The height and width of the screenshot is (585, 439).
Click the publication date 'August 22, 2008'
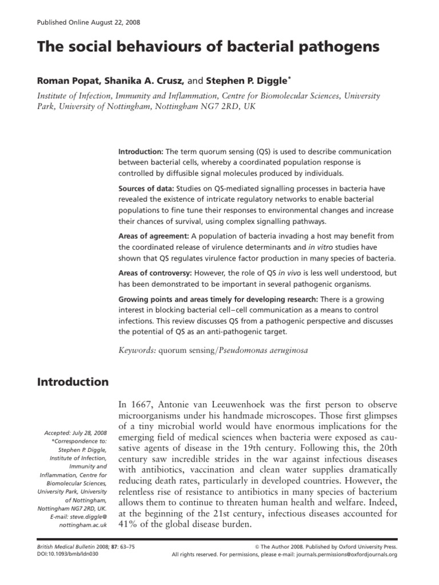coord(113,22)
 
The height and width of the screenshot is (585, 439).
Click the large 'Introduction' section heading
coord(73,382)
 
